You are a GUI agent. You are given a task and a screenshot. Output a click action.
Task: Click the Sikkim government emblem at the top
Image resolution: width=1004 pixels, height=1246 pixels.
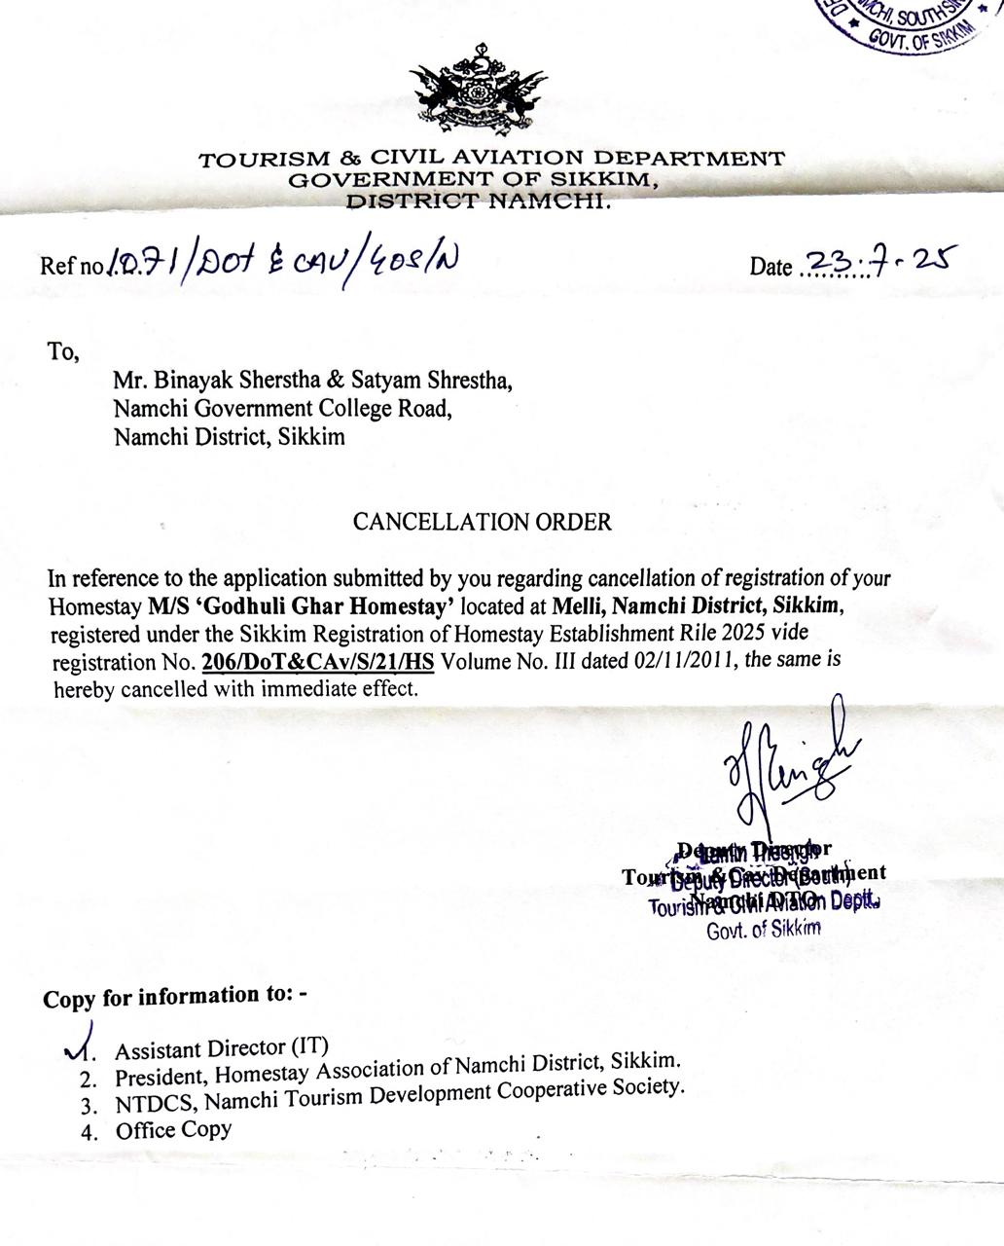point(478,93)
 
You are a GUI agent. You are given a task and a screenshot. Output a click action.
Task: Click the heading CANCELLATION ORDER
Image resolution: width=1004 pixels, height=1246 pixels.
point(482,522)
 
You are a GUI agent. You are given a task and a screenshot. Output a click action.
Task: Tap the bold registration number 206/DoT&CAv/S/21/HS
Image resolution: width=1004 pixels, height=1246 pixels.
point(320,663)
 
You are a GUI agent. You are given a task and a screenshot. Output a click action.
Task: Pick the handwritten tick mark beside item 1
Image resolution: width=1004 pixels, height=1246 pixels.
point(81,1040)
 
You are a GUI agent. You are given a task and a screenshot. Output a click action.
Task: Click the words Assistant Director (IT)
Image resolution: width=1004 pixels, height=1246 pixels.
point(222,1048)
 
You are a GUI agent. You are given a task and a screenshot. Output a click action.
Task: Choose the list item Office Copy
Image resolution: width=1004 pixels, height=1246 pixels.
point(173,1130)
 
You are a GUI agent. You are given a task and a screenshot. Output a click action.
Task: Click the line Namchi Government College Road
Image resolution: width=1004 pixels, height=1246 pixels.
point(283,408)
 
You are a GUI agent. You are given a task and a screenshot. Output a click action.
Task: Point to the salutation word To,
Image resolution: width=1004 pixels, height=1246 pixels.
point(62,351)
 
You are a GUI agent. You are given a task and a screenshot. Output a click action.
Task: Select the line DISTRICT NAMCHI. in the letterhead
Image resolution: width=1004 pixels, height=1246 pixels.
point(479,201)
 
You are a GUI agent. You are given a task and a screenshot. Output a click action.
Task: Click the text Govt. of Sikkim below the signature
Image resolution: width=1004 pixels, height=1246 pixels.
point(764,928)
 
